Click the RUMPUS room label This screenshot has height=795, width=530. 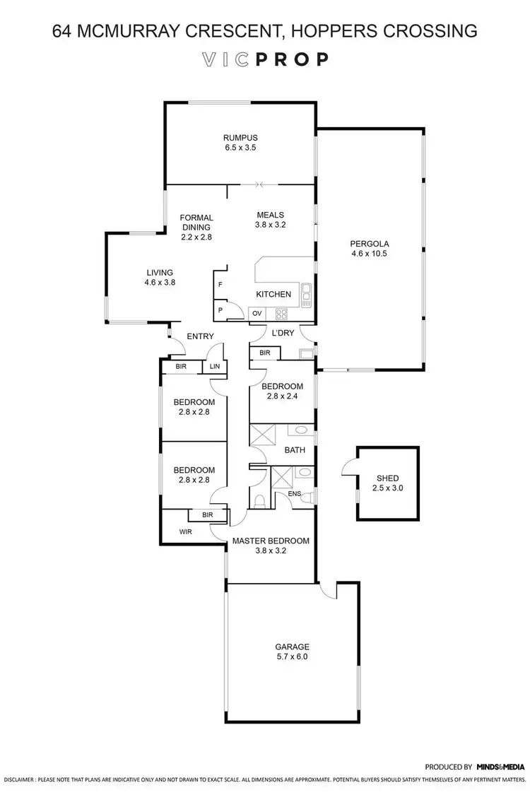tap(240, 138)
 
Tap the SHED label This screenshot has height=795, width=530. tap(389, 478)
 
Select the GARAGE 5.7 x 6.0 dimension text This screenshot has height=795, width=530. tap(292, 656)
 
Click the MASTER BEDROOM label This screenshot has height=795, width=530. tap(271, 541)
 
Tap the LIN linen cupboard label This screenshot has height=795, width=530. tap(214, 367)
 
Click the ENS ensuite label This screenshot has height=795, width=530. tap(294, 493)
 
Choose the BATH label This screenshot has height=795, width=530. tap(294, 449)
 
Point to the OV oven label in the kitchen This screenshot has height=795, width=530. tap(258, 313)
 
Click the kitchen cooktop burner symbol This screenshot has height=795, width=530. tap(281, 313)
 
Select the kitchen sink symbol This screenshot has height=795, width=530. tap(306, 293)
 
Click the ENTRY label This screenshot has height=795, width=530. tap(200, 336)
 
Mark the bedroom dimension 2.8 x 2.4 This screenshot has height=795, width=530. tap(282, 396)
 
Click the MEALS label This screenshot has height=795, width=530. tap(270, 216)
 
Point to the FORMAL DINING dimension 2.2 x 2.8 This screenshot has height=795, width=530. tap(196, 237)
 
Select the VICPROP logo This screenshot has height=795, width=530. tap(264, 59)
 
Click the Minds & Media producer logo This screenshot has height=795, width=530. tap(500, 766)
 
